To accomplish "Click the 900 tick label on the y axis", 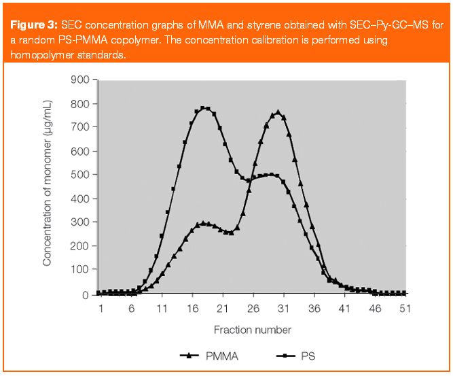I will pos(80,80).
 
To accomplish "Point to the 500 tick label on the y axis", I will pos(80,175).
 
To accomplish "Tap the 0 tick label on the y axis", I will pos(86,294).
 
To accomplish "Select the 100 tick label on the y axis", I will pos(80,271).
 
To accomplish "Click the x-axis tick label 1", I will pos(101,309).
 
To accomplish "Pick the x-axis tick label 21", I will pos(221,309).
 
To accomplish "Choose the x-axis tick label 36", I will pos(312,309).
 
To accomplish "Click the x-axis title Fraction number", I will pos(253,330).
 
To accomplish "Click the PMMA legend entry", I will pos(204,355).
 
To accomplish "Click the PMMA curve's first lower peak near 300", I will pos(203,223).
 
